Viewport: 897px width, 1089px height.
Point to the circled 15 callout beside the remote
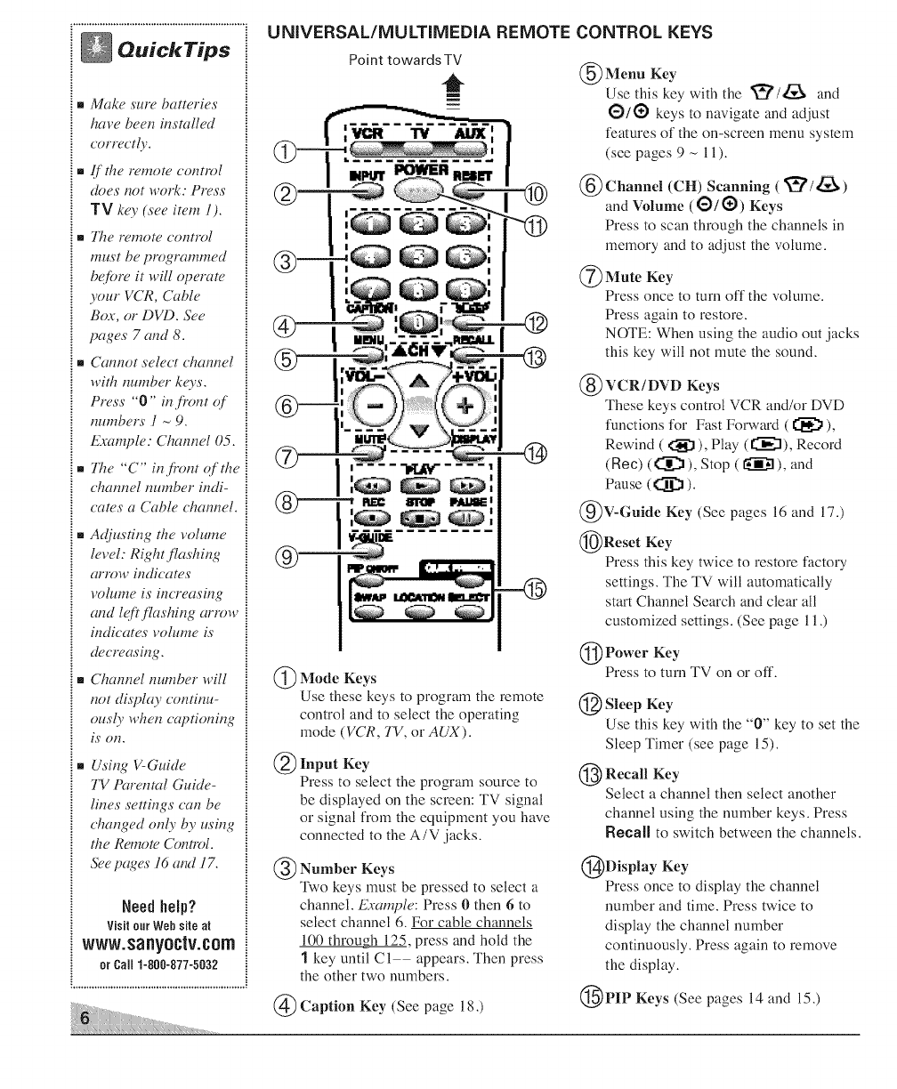point(540,590)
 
